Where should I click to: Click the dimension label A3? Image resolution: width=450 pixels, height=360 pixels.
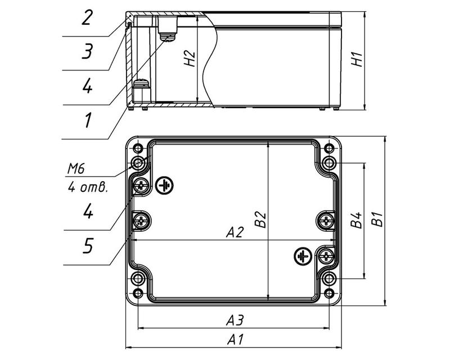[x=235, y=320]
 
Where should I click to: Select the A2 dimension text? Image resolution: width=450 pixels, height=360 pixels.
[x=235, y=232]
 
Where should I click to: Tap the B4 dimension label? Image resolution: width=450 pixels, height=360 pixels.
[x=355, y=220]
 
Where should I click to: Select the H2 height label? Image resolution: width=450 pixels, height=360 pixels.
[x=190, y=58]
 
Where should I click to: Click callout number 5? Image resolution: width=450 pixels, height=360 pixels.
[x=87, y=246]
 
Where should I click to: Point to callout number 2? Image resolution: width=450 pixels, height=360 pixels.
[x=87, y=17]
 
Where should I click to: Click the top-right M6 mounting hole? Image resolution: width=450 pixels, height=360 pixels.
[x=329, y=164]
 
